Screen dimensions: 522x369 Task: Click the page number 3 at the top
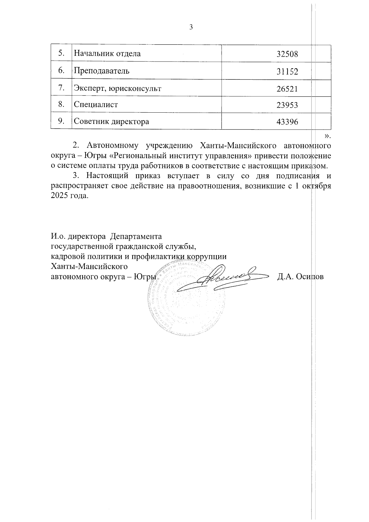click(191, 27)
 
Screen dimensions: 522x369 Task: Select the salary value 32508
click(287, 54)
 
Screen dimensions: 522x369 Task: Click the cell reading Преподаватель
click(101, 71)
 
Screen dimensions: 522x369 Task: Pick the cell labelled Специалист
click(96, 105)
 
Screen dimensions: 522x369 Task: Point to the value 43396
click(287, 122)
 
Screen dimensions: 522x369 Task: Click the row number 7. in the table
click(61, 88)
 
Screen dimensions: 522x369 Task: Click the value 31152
click(287, 72)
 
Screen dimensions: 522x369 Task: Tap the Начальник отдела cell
click(107, 54)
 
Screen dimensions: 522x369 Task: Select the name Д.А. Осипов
click(300, 276)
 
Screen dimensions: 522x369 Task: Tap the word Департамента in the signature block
click(136, 237)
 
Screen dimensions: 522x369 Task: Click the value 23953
click(287, 105)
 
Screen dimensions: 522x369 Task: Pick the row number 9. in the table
click(61, 121)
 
